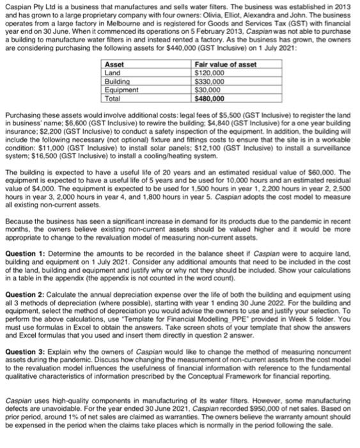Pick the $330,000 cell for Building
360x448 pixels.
pyautogui.click(x=208, y=83)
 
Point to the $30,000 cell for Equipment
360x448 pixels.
pyautogui.click(x=207, y=90)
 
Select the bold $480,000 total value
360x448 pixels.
pyautogui.click(x=209, y=99)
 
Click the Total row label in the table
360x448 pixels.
pyautogui.click(x=113, y=99)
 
